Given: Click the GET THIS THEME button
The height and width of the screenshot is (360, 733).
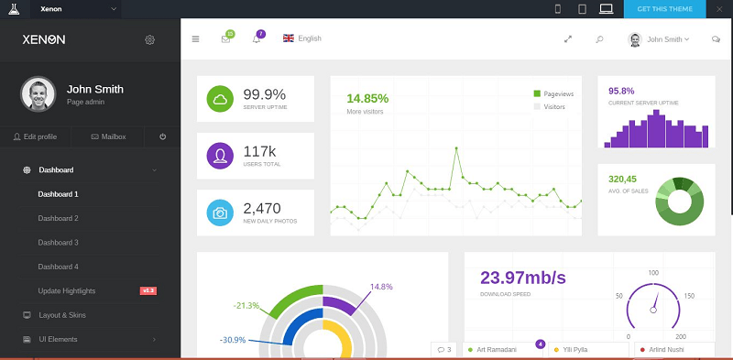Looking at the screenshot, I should (664, 9).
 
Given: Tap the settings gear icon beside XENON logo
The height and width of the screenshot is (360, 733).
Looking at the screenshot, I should (150, 39).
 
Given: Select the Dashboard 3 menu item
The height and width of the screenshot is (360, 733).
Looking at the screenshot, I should (58, 242).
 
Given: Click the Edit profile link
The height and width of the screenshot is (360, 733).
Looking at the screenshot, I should (35, 136).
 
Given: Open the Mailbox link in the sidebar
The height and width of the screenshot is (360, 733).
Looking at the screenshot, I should (108, 136).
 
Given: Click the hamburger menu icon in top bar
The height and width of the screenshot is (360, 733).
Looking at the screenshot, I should (195, 38).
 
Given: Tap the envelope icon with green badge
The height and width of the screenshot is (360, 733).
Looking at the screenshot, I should (225, 38).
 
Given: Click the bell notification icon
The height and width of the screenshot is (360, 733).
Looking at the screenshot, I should (257, 38).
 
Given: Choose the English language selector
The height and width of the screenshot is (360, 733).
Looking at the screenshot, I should (302, 38).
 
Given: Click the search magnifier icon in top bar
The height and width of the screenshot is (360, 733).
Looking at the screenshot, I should (599, 39).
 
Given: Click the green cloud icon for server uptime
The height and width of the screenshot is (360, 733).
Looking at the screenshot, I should (220, 98).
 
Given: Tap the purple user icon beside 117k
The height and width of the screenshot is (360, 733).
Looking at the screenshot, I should (220, 155).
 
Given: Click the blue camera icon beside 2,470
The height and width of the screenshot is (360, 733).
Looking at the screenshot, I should (220, 213).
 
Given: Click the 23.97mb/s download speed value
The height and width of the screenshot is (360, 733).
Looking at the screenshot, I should (522, 278).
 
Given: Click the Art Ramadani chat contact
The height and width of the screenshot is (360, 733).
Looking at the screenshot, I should (495, 350).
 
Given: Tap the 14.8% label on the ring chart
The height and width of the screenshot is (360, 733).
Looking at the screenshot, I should (380, 287).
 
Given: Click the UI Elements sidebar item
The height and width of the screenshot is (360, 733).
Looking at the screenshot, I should (57, 339).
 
